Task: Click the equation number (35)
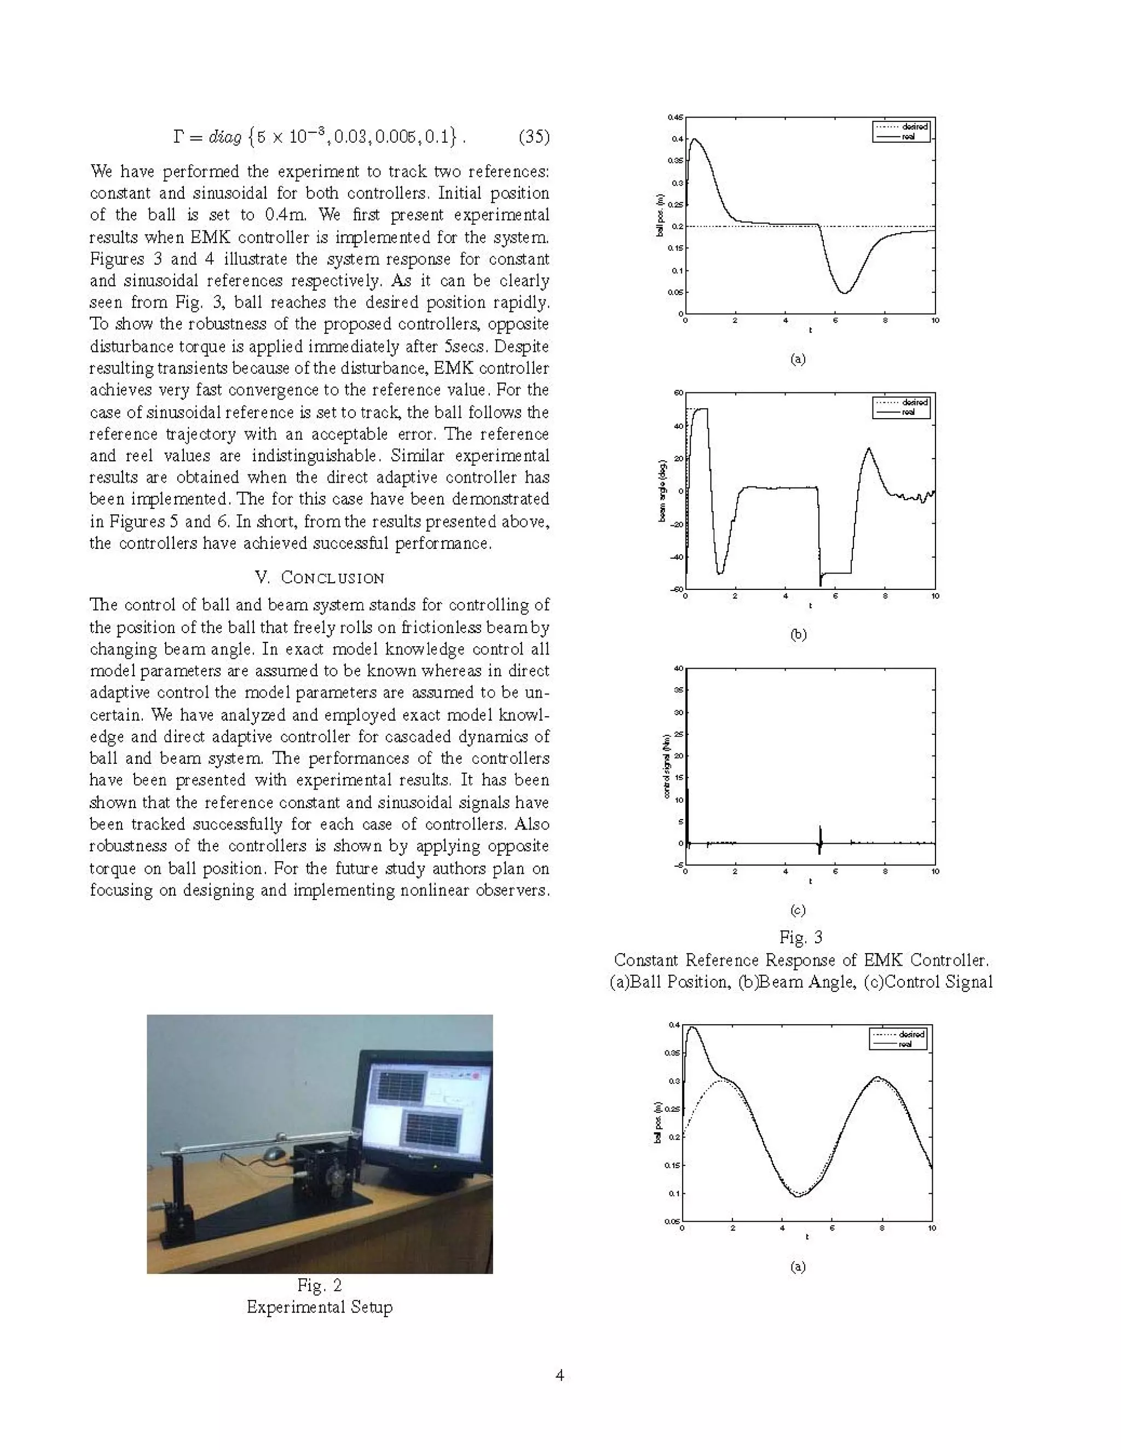pyautogui.click(x=533, y=137)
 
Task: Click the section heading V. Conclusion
pyautogui.click(x=320, y=578)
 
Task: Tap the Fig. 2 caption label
pyautogui.click(x=320, y=1285)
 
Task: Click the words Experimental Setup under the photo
pyautogui.click(x=320, y=1307)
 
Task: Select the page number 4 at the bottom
pyautogui.click(x=560, y=1375)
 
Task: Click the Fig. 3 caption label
pyautogui.click(x=800, y=937)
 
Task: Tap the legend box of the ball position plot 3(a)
pyautogui.click(x=901, y=131)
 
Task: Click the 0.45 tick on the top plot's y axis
pyautogui.click(x=675, y=118)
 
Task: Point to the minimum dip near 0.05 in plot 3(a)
pyautogui.click(x=844, y=292)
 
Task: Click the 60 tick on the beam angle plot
pyautogui.click(x=679, y=393)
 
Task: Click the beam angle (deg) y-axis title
pyautogui.click(x=662, y=491)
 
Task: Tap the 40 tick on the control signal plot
pyautogui.click(x=679, y=669)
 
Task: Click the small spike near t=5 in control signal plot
pyautogui.click(x=820, y=837)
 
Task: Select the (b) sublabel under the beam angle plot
pyautogui.click(x=798, y=634)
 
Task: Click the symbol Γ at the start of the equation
pyautogui.click(x=178, y=137)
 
